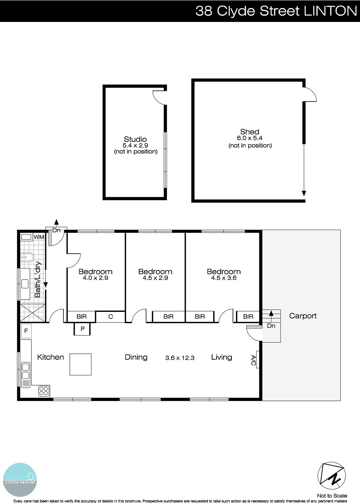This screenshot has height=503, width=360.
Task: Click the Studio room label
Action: pyautogui.click(x=135, y=139)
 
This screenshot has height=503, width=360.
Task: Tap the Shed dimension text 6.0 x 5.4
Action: pyautogui.click(x=250, y=138)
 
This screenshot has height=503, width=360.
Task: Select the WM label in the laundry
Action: pyautogui.click(x=39, y=237)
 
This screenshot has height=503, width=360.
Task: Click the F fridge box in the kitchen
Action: pyautogui.click(x=26, y=331)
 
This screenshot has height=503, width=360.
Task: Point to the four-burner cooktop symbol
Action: pyautogui.click(x=44, y=391)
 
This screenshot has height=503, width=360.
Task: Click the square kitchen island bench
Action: pyautogui.click(x=80, y=364)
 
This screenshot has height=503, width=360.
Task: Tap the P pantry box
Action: pyautogui.click(x=82, y=329)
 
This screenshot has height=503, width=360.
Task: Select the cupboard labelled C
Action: pyautogui.click(x=110, y=317)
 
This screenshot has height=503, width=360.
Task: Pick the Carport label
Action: pyautogui.click(x=303, y=316)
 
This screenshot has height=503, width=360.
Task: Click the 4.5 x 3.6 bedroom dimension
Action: pyautogui.click(x=224, y=278)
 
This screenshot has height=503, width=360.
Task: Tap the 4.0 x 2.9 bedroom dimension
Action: pyautogui.click(x=95, y=278)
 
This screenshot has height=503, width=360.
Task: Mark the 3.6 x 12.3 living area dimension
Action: pyautogui.click(x=180, y=358)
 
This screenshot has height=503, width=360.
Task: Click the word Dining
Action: pyautogui.click(x=136, y=357)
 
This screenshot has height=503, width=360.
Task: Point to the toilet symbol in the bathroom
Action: pyautogui.click(x=27, y=258)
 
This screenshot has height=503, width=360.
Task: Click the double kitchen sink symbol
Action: pyautogui.click(x=25, y=371)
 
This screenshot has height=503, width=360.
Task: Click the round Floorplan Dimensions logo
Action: pyautogui.click(x=20, y=480)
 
